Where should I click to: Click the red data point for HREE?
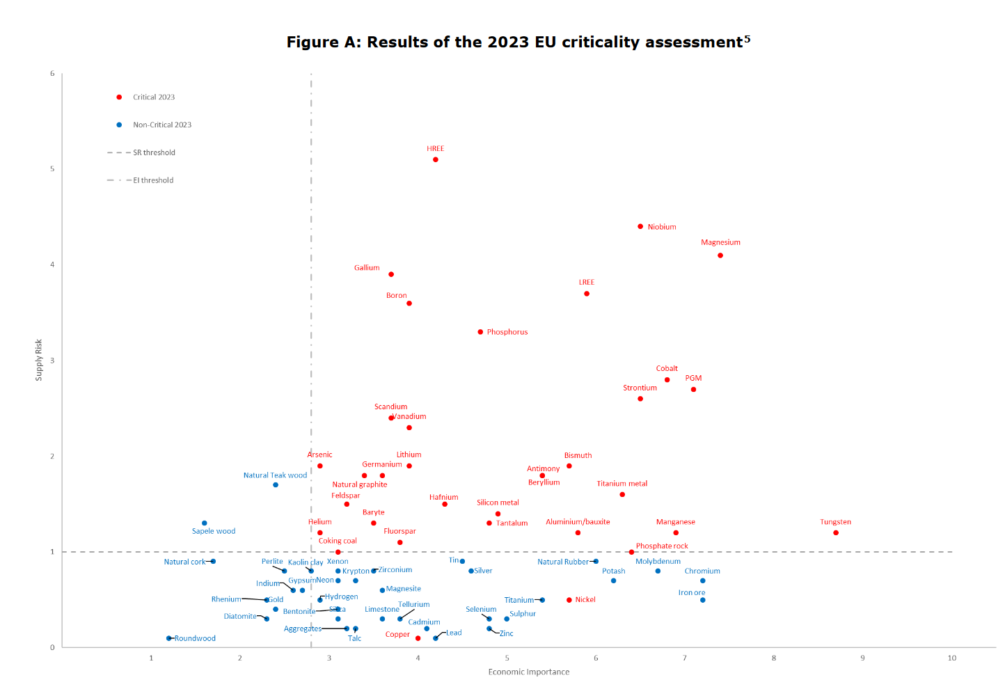click(x=436, y=159)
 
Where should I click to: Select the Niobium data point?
click(x=640, y=226)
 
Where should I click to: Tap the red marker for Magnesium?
click(x=720, y=255)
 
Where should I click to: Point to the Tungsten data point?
click(x=836, y=532)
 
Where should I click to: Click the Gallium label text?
click(x=367, y=268)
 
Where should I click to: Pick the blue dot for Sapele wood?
click(x=205, y=523)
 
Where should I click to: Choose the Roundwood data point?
click(x=169, y=638)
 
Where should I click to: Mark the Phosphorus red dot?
click(x=480, y=332)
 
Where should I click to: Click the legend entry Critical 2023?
click(x=154, y=97)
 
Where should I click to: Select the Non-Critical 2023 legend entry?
click(x=162, y=125)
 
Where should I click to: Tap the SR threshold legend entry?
click(x=154, y=152)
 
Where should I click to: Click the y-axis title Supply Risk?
click(x=39, y=360)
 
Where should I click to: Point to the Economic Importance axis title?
click(x=529, y=672)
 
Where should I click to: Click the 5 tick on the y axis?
click(x=52, y=169)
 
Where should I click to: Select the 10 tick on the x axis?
click(x=951, y=658)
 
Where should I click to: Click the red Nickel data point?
click(x=569, y=600)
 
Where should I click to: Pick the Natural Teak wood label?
click(x=275, y=475)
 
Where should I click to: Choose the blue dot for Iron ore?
click(x=703, y=600)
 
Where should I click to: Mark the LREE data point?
click(x=587, y=294)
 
